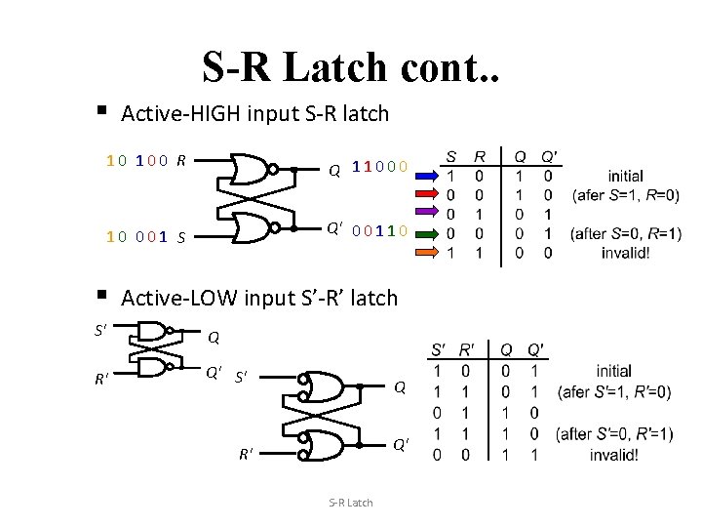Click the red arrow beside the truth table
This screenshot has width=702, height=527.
click(x=427, y=178)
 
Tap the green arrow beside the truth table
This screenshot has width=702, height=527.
click(x=427, y=232)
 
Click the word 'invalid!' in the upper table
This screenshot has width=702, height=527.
click(x=625, y=252)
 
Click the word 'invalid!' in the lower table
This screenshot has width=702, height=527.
click(x=613, y=454)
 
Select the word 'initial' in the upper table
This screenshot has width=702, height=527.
click(x=625, y=177)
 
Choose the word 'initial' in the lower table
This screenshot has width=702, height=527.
click(x=613, y=372)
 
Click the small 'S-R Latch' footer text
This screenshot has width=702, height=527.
click(x=350, y=503)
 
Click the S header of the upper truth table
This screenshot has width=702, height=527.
click(x=450, y=156)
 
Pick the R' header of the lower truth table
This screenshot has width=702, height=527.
click(x=467, y=349)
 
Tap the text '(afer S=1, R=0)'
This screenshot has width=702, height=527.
click(x=626, y=195)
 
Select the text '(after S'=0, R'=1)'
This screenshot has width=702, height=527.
click(x=613, y=433)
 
